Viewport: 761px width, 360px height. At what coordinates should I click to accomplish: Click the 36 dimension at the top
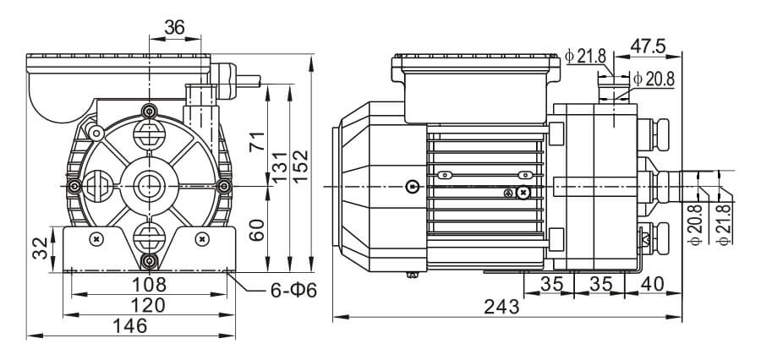point(175,27)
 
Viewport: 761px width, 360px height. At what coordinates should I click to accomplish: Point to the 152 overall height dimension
point(299,159)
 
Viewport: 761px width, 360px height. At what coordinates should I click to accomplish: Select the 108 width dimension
point(150,284)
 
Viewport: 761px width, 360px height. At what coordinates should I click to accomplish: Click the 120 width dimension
point(150,304)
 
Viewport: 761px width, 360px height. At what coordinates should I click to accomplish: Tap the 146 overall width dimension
point(129,325)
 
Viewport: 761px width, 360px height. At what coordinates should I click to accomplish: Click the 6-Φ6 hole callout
point(292,291)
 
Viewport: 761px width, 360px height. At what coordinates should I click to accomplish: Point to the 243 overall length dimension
point(502,308)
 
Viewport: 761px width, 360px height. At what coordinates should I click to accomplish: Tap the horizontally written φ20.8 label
point(654,79)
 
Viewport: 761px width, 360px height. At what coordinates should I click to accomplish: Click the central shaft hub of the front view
point(150,184)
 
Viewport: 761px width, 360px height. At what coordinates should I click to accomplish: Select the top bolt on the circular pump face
point(150,112)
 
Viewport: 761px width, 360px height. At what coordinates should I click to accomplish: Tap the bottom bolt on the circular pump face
point(150,259)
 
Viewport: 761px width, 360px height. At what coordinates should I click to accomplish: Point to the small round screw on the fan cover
point(411,186)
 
